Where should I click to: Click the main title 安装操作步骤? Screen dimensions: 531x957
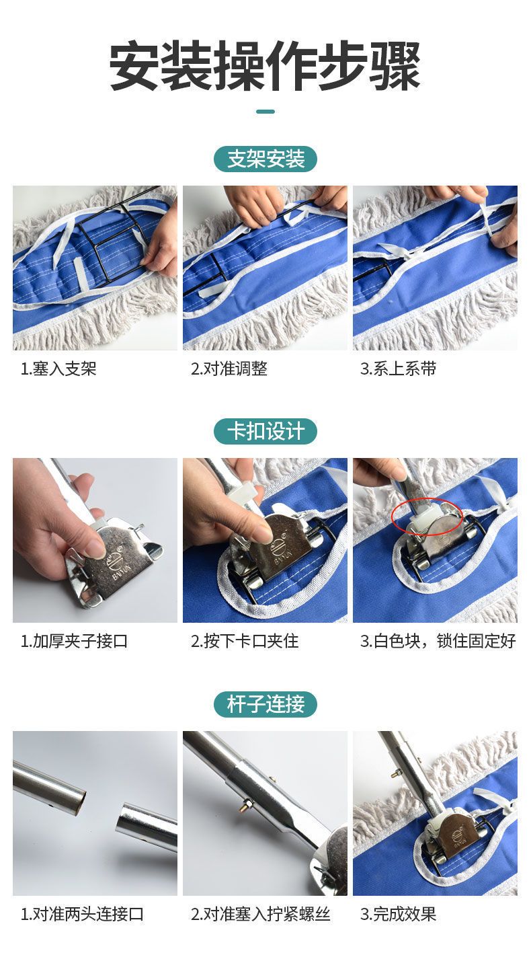point(265,65)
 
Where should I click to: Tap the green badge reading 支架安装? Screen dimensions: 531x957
point(265,159)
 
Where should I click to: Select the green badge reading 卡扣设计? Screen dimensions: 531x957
point(265,431)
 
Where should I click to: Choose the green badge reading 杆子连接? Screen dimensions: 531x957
point(265,704)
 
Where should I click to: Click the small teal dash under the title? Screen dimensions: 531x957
point(265,112)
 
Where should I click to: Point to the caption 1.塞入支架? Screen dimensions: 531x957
point(58,369)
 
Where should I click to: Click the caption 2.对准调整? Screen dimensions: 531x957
point(229,369)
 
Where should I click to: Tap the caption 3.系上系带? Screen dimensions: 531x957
point(398,369)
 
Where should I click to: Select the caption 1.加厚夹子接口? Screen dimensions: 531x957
point(74,641)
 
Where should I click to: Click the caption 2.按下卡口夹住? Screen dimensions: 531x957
point(245,641)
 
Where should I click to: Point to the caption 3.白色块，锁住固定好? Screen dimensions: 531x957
point(438,641)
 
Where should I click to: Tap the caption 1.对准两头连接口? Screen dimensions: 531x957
point(82,914)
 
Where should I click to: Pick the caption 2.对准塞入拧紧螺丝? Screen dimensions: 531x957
point(260,914)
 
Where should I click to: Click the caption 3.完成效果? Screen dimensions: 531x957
point(398,914)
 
